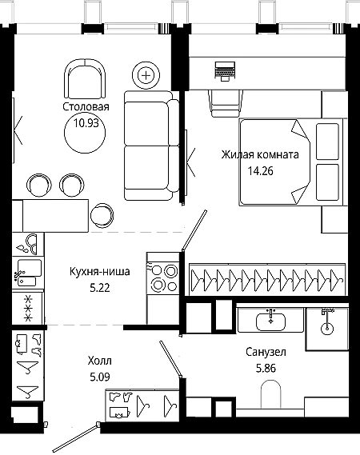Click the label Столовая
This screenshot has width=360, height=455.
[86, 107]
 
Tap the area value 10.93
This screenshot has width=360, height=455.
[86, 123]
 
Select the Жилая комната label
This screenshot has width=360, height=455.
[260, 154]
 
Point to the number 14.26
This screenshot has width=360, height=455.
[261, 171]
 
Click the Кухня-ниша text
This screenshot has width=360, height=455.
[99, 272]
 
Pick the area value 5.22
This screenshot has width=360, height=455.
[100, 288]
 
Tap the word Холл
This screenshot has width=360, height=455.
[99, 361]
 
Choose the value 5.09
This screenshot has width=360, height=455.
[100, 377]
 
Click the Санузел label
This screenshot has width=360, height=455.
[266, 352]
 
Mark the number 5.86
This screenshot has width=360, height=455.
[266, 368]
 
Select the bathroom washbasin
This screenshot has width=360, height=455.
[270, 321]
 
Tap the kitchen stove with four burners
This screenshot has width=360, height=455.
[162, 277]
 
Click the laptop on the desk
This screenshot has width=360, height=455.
[225, 71]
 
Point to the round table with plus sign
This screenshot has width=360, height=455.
[146, 76]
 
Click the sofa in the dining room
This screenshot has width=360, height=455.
[151, 146]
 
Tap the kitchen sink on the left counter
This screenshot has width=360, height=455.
[28, 273]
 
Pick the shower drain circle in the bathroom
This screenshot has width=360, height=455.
[327, 329]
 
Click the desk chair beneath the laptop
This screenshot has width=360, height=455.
[226, 103]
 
